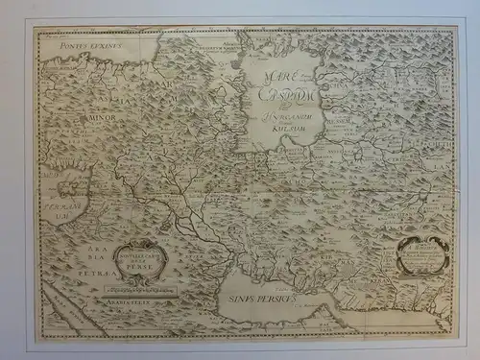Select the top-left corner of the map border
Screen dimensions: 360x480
pyautogui.click(x=36, y=28)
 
